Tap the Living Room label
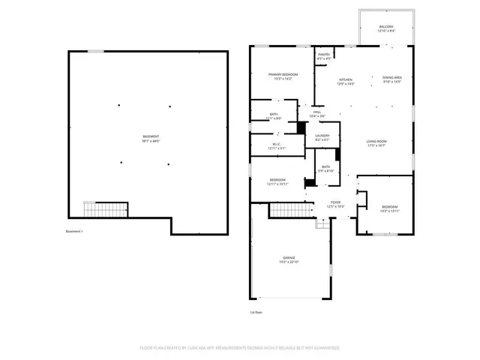tap(376, 142)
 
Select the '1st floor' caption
tap(256, 312)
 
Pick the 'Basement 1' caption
tap(74, 231)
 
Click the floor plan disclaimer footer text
tap(240, 348)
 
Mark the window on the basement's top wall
tap(95, 51)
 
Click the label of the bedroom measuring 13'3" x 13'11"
tap(389, 208)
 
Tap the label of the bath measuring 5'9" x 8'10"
tap(325, 169)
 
